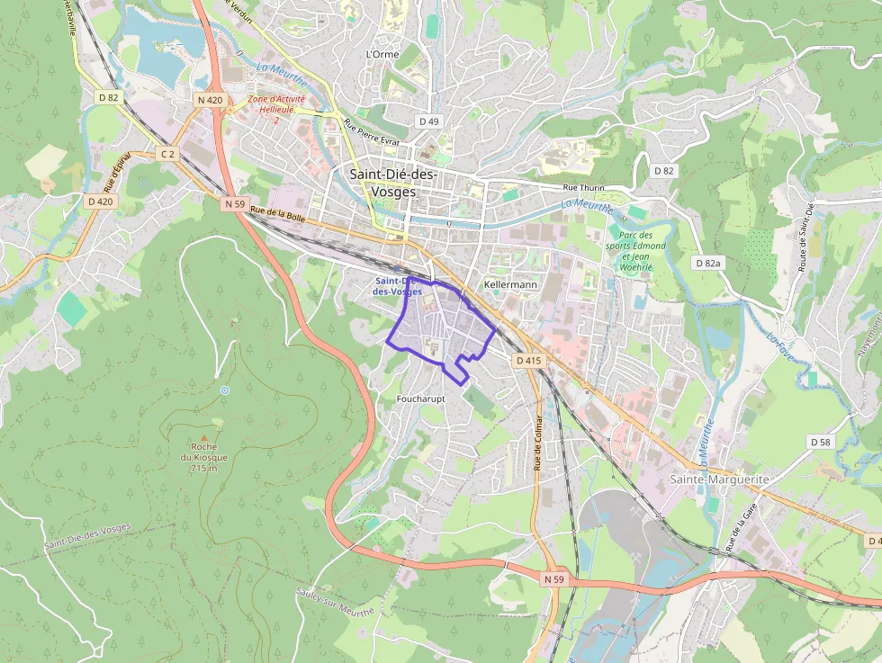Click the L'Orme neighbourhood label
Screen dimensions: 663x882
(382, 54)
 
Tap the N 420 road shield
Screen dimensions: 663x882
(208, 100)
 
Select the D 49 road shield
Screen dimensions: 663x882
(428, 121)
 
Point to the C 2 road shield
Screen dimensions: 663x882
(167, 154)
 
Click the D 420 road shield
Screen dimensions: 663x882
(101, 202)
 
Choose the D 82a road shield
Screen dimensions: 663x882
(709, 263)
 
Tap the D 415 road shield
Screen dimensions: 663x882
(529, 361)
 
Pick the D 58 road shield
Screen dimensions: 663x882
(820, 442)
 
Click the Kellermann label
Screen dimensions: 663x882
(510, 284)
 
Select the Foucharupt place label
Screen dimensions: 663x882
(420, 398)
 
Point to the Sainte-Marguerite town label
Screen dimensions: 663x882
(719, 479)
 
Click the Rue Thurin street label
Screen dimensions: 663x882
(583, 188)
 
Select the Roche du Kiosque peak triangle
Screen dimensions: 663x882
(216, 424)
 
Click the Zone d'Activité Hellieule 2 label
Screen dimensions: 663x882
(276, 109)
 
